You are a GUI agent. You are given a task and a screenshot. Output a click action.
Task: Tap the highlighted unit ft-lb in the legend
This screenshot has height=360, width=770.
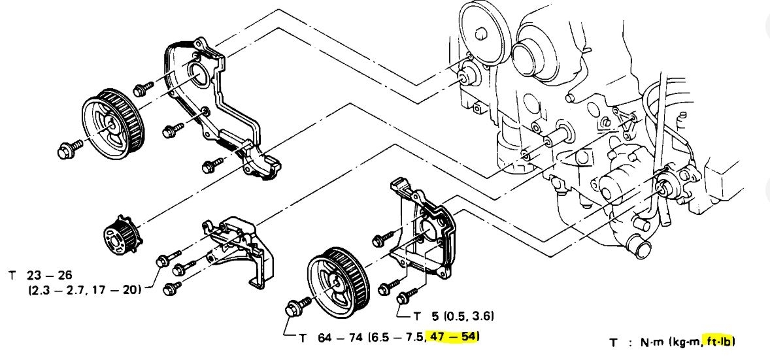point(718,341)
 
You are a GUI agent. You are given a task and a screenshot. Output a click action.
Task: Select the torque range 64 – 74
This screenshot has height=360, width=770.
point(336,337)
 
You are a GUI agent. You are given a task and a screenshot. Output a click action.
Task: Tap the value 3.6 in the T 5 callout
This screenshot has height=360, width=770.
point(480,317)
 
